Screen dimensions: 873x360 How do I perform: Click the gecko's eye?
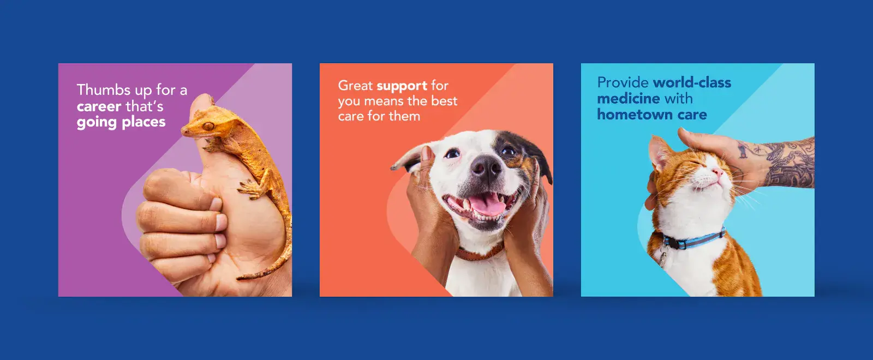(208, 126)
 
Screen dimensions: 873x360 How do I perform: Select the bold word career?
(99, 106)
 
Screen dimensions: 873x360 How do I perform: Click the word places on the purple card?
(143, 123)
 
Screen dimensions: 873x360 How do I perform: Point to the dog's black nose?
(486, 167)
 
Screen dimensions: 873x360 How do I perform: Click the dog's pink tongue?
(487, 205)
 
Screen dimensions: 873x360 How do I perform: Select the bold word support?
(402, 86)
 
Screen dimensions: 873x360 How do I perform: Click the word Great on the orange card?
(355, 85)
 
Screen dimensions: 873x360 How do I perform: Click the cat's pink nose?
(716, 171)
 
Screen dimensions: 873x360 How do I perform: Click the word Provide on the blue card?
(623, 82)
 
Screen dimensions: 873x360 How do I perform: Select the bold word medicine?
(628, 99)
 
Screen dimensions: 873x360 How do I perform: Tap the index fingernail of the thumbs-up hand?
(216, 204)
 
